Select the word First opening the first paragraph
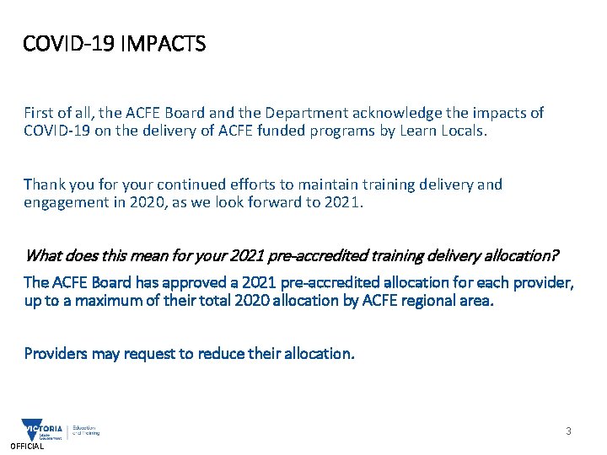pyautogui.click(x=39, y=112)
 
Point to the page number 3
pyautogui.click(x=568, y=431)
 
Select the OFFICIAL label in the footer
pyautogui.click(x=27, y=447)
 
